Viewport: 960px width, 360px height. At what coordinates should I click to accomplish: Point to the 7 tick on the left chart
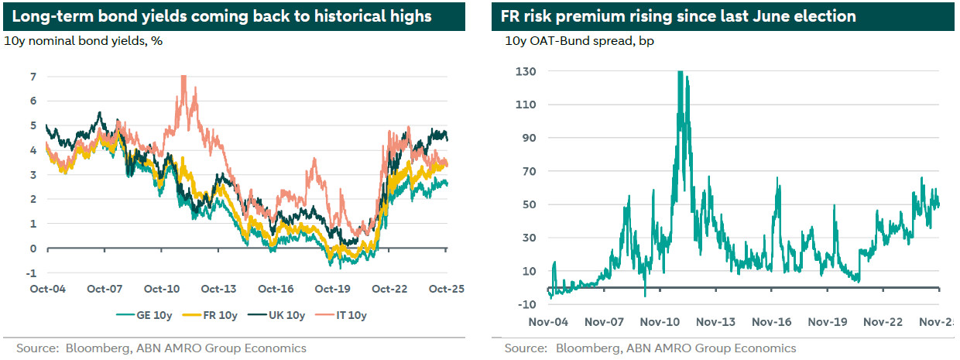click(x=33, y=76)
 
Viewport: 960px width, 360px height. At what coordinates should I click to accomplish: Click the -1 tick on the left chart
click(x=32, y=273)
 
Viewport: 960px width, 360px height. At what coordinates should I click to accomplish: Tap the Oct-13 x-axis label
click(x=219, y=289)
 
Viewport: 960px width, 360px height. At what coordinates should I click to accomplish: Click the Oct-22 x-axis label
click(x=389, y=289)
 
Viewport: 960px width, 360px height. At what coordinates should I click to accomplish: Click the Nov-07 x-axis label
click(x=605, y=321)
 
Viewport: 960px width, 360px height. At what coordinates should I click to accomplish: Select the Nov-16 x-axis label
click(x=773, y=321)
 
